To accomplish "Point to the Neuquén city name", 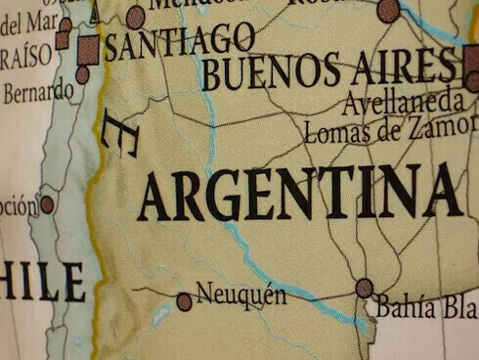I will (x=241, y=292).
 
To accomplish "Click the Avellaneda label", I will (x=402, y=100).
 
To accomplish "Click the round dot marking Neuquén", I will (x=184, y=302).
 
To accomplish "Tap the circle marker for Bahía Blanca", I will (x=365, y=288).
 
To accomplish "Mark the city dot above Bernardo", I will (x=82, y=74).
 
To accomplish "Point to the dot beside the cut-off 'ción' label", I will (x=47, y=204).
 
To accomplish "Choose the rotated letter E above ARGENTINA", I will (x=119, y=134).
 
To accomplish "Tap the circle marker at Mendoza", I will (x=136, y=17).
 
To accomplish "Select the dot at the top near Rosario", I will (x=388, y=11).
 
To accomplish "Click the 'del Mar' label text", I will (x=28, y=20).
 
